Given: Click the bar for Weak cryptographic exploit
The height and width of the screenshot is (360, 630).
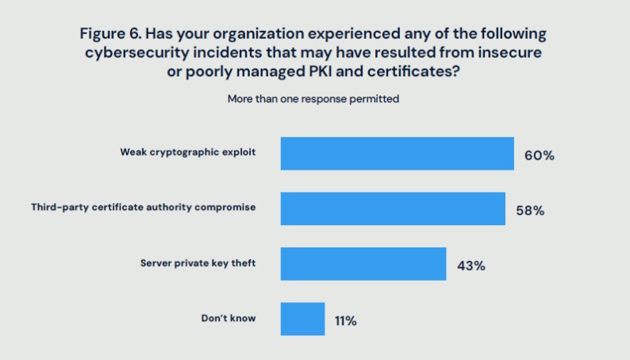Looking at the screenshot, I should point(397,154).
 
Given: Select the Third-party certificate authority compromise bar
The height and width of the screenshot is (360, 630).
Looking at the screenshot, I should point(393,209).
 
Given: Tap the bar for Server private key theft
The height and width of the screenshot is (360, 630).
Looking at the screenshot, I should point(363,264).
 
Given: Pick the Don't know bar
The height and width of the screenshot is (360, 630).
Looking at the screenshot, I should point(302,319).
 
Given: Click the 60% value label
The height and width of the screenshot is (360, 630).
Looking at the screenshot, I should point(539,155).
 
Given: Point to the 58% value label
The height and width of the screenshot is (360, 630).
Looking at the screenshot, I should point(530,211).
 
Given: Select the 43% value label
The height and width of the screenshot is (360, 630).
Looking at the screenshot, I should point(471,266).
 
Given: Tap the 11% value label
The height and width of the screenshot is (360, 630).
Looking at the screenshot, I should point(345,321).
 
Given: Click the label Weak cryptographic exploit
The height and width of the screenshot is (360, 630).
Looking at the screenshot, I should point(188,151).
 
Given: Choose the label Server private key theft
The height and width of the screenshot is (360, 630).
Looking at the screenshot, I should point(198,262).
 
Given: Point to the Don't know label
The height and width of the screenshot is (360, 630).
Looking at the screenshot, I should point(229,318).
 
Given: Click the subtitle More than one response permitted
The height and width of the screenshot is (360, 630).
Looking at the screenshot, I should point(313,99).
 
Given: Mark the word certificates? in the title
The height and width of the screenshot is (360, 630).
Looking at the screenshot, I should point(414,71).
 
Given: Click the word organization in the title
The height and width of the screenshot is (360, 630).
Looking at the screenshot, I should point(259,34).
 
